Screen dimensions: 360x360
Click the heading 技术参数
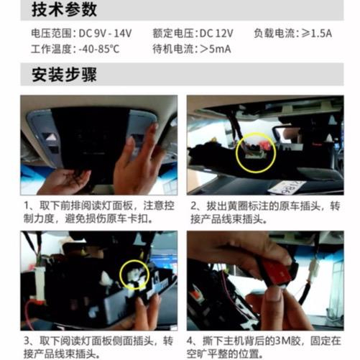64,9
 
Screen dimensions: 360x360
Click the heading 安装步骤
64,75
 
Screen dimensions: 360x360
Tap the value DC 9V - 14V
105,33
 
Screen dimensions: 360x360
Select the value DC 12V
216,33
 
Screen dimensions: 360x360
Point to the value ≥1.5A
316,33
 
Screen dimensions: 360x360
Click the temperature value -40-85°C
99,49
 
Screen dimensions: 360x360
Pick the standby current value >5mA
215,49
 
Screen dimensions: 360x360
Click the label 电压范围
51,33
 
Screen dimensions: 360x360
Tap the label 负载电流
274,33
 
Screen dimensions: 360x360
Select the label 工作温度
51,49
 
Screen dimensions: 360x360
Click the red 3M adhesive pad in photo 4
277,272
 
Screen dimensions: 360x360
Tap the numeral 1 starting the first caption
27,206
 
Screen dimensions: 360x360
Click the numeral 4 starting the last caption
190,341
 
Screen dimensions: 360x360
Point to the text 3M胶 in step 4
290,341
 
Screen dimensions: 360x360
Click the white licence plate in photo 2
287,188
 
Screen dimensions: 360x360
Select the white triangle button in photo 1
50,137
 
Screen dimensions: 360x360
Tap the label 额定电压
172,33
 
